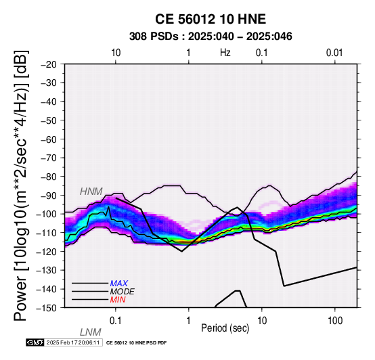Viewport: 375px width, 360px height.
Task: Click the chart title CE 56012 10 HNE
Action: click(211, 19)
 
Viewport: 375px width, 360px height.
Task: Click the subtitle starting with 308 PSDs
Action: click(211, 37)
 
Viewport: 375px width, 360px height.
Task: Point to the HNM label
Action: click(91, 192)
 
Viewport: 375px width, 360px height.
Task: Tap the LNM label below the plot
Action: click(91, 332)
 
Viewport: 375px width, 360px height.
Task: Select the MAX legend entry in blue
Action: click(119, 284)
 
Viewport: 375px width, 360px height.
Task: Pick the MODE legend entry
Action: click(123, 292)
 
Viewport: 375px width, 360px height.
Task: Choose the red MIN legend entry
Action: click(118, 300)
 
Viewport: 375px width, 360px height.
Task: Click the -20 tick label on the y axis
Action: click(49, 64)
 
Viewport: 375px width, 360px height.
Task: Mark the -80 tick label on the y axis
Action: click(49, 177)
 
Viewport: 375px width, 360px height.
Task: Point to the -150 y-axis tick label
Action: click(47, 308)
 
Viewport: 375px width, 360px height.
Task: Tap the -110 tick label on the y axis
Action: click(47, 233)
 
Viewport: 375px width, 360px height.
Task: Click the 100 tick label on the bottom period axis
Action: click(335, 321)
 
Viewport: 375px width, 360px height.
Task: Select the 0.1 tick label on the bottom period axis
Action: click(116, 321)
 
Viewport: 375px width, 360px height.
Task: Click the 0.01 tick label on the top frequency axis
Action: click(334, 53)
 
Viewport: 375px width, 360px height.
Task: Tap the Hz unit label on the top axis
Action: click(225, 53)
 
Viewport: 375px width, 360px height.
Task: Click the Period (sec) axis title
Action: click(225, 328)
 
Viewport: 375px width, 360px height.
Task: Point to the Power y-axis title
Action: click(21, 185)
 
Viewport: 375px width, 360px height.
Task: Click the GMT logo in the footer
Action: click(35, 342)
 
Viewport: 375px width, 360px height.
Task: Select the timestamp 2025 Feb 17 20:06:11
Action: click(73, 342)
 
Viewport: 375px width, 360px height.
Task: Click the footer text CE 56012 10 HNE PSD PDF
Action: click(136, 343)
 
